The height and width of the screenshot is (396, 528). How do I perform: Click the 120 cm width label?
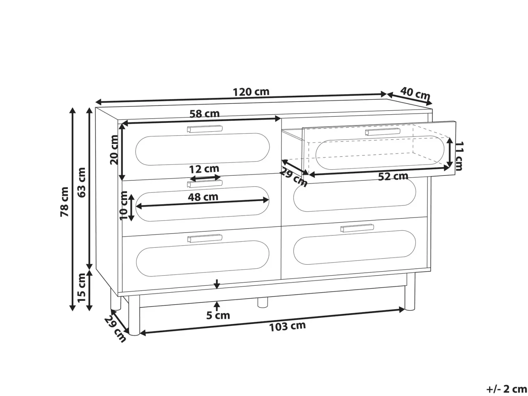click(251, 92)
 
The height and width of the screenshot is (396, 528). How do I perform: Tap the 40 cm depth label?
click(415, 94)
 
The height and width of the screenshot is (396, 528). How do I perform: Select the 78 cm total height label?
click(64, 202)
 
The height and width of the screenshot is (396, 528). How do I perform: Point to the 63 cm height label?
click(82, 183)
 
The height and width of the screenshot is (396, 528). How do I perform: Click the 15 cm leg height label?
click(82, 288)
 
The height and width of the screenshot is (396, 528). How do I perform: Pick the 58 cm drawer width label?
click(204, 114)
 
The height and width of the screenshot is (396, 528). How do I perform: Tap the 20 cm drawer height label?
click(114, 150)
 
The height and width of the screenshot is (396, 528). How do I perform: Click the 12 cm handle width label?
click(204, 169)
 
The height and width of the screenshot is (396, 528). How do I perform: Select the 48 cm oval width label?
click(203, 197)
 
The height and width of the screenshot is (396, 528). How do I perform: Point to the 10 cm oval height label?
click(124, 205)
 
